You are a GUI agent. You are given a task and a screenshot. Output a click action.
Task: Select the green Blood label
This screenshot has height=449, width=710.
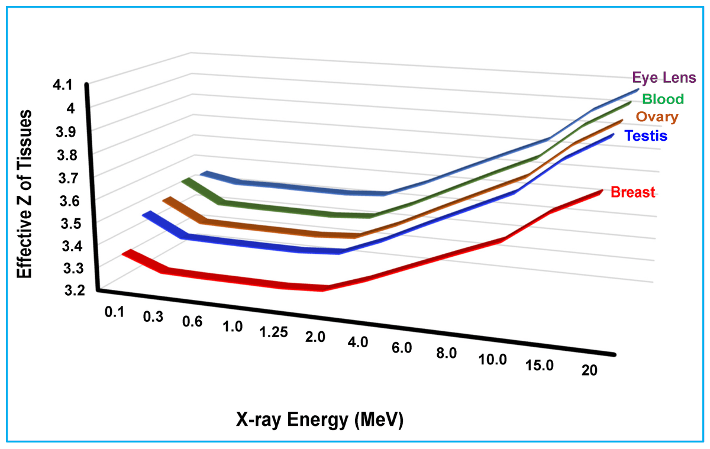point(663,99)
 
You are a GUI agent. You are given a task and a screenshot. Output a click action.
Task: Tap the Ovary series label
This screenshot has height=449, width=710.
point(657,117)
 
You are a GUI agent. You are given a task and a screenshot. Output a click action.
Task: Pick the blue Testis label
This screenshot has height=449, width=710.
point(646,136)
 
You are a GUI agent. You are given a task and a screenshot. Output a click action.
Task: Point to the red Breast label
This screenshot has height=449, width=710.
point(632,192)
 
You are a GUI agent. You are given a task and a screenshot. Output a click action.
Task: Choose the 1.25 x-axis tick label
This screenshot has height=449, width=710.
point(273,332)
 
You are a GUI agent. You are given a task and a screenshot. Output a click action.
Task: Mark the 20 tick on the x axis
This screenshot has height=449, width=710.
point(589,371)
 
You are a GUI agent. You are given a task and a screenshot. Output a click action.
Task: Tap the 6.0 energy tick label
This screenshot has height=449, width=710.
point(401,348)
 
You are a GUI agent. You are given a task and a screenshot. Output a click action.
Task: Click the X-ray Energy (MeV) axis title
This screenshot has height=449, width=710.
point(319,420)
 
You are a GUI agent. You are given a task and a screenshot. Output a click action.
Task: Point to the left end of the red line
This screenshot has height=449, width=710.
point(125,253)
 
